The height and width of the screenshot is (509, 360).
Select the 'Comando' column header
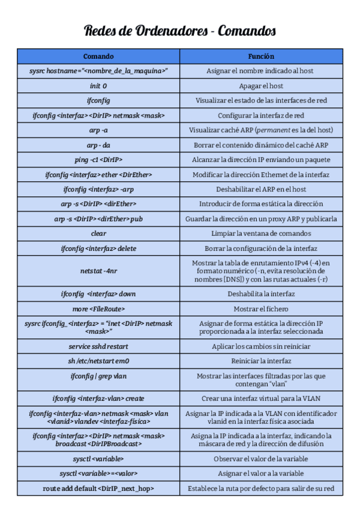click(98, 56)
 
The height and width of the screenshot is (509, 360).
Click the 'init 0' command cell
click(98, 86)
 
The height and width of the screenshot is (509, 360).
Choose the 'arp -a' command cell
click(98, 130)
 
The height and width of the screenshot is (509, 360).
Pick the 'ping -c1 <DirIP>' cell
click(98, 160)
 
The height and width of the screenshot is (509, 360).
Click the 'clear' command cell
click(98, 233)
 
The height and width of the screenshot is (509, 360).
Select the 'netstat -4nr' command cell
click(98, 271)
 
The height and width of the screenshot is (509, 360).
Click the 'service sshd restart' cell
click(98, 346)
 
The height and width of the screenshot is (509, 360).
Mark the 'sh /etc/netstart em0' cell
click(98, 361)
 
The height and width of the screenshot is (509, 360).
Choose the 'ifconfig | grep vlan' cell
click(98, 376)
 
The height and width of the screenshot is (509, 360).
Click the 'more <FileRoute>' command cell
click(98, 309)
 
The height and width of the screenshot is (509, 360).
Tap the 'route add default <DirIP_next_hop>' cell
click(98, 489)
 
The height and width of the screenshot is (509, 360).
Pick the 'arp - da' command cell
click(98, 145)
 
